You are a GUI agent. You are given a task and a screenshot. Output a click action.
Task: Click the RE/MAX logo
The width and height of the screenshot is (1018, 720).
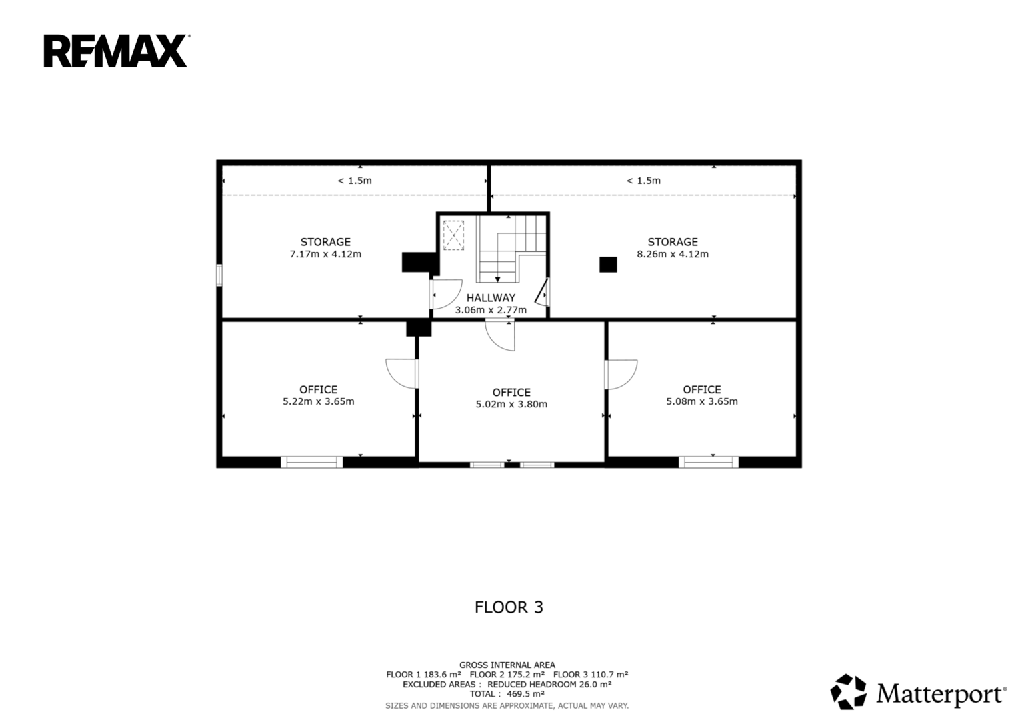pyautogui.click(x=115, y=51)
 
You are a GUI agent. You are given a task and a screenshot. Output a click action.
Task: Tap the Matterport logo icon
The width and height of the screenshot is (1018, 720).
pyautogui.click(x=848, y=692)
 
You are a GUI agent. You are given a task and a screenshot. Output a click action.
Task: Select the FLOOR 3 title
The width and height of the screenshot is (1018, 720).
pyautogui.click(x=509, y=607)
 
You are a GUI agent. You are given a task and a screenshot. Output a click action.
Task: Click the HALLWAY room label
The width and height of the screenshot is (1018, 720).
pyautogui.click(x=491, y=298)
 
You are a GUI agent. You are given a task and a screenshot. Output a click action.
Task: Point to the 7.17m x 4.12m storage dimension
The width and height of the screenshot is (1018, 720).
pyautogui.click(x=325, y=254)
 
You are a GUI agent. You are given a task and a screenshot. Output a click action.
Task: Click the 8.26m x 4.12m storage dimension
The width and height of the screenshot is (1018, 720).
pyautogui.click(x=673, y=254)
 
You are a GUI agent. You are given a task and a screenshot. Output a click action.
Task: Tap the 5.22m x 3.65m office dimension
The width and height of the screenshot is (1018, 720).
pyautogui.click(x=319, y=401)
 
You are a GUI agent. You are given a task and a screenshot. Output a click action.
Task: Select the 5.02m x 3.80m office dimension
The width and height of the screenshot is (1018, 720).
pyautogui.click(x=511, y=404)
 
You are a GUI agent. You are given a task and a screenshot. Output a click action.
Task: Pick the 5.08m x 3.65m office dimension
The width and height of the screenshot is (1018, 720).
pyautogui.click(x=702, y=401)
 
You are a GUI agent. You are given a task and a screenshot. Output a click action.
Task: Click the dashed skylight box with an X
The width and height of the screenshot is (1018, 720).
pyautogui.click(x=453, y=235)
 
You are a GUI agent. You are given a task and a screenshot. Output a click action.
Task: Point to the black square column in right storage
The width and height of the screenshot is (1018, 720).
pyautogui.click(x=608, y=265)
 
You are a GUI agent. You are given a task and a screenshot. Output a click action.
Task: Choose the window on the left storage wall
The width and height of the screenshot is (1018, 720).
pyautogui.click(x=219, y=275)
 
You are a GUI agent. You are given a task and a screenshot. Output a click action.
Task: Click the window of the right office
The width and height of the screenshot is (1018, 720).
pyautogui.click(x=709, y=462)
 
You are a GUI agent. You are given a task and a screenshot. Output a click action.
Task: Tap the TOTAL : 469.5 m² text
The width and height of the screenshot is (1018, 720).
pyautogui.click(x=507, y=694)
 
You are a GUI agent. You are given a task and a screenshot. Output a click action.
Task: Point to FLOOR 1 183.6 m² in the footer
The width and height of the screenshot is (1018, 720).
pyautogui.click(x=423, y=675)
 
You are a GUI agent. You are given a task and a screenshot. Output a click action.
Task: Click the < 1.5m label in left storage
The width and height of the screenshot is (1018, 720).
pyautogui.click(x=355, y=181)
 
